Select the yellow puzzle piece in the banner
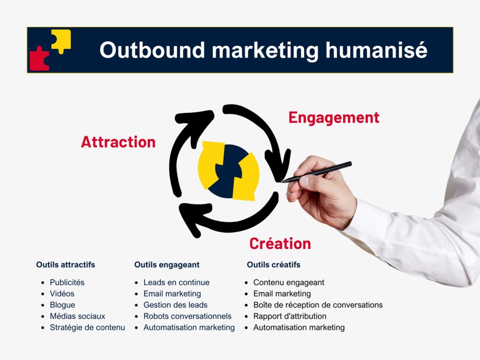point(61,40)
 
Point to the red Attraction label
point(118,142)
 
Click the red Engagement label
point(334,118)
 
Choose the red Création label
point(280,244)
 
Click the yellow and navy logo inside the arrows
point(228,171)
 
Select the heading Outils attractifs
point(66,265)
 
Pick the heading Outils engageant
point(167,265)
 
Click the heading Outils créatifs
point(274,265)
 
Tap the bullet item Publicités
point(67,283)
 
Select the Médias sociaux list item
point(77,316)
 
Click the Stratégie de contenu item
point(87,328)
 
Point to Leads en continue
point(176,283)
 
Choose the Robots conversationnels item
point(187,316)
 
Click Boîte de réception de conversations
point(318,305)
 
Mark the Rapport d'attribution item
point(290,316)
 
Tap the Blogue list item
point(62,305)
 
